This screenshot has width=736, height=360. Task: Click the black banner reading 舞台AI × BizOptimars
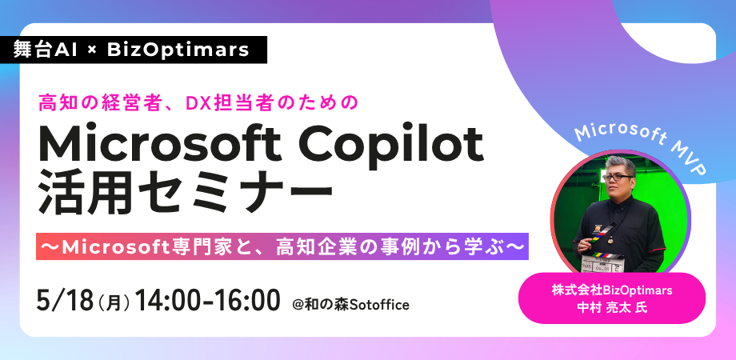[134, 50]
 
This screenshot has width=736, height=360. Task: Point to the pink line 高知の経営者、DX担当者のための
[198, 102]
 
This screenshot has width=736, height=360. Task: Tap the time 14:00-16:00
[207, 301]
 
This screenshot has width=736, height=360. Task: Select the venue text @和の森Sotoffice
[350, 305]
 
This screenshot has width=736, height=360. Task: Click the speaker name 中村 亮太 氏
[612, 308]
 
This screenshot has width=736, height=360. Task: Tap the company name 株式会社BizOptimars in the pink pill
[612, 290]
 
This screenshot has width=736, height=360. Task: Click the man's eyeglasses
[618, 178]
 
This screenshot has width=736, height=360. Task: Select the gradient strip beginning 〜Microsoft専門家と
[282, 246]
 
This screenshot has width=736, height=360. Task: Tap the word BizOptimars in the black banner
[178, 50]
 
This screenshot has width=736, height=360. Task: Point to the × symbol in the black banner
[92, 50]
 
